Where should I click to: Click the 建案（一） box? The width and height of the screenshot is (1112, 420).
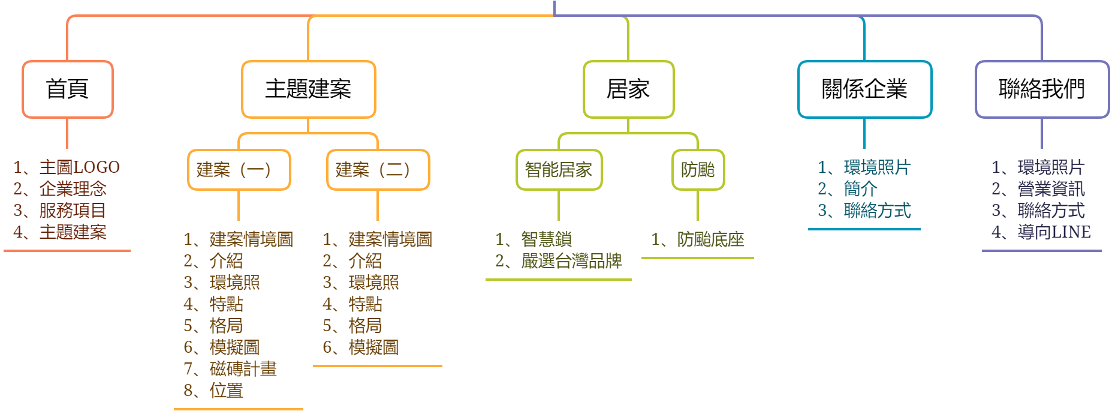(x=239, y=170)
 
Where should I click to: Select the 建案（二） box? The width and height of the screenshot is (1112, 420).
(x=378, y=170)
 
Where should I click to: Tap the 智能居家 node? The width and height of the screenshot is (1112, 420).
(x=559, y=170)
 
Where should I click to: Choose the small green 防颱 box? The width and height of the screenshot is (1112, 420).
(x=698, y=170)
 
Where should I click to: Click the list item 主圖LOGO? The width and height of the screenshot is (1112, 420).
(x=79, y=167)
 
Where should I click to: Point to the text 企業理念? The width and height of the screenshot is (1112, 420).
(x=73, y=189)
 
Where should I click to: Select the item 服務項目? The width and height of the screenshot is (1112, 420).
(x=73, y=211)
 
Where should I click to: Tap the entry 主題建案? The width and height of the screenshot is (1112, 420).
(x=73, y=232)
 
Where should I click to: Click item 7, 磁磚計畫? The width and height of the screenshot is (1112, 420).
(x=243, y=369)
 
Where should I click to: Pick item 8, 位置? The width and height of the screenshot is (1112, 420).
(x=226, y=391)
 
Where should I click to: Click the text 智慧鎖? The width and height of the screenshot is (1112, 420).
(x=546, y=239)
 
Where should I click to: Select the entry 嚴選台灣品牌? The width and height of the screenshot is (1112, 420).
(x=571, y=261)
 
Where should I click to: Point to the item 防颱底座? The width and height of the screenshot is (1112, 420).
(x=710, y=239)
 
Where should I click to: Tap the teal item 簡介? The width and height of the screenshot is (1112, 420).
(x=860, y=189)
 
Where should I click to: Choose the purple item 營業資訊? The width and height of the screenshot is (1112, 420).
(x=1051, y=189)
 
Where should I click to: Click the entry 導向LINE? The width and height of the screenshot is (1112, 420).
(x=1054, y=232)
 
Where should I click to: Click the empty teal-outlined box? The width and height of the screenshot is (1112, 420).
(x=864, y=89)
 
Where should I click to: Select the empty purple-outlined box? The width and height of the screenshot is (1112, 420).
(x=1042, y=89)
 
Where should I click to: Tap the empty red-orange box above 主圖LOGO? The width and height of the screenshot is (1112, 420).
(x=67, y=89)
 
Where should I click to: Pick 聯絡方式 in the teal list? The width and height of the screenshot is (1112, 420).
(x=877, y=211)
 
